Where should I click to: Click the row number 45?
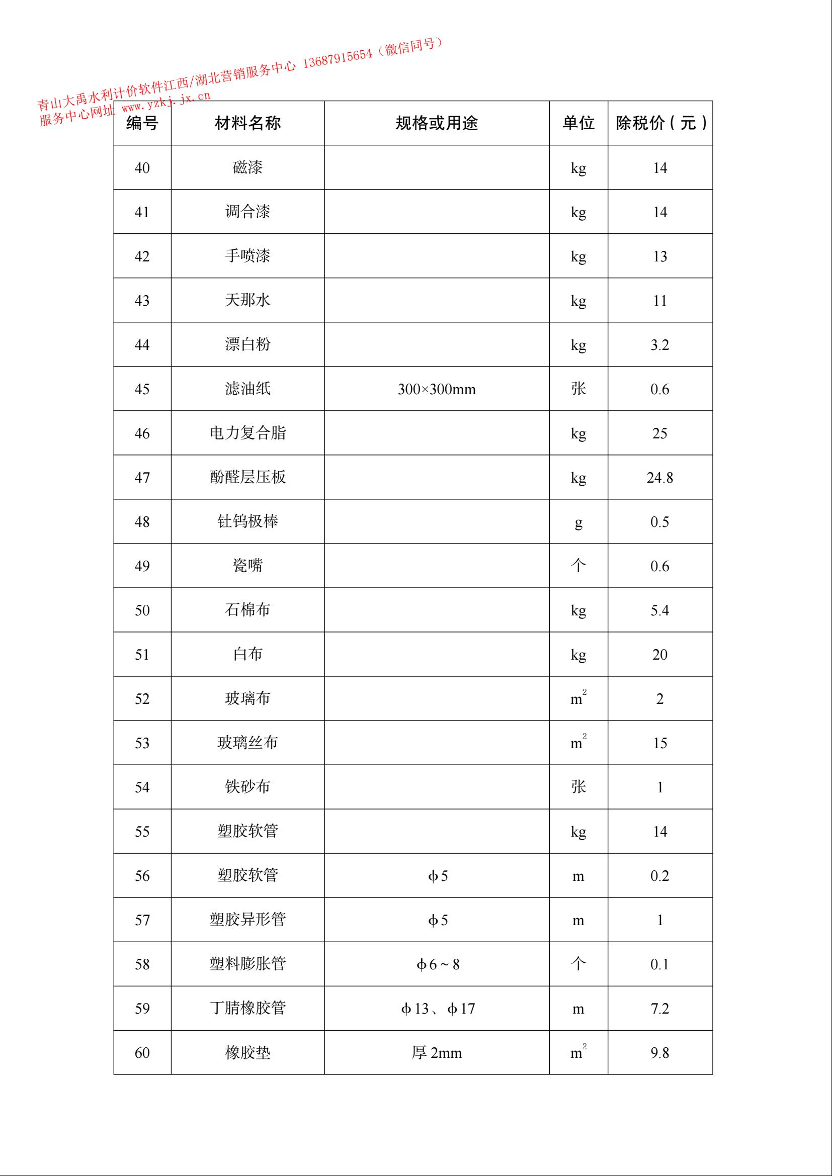coord(142,389)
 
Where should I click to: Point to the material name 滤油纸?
coord(247,389)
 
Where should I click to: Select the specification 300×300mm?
coord(437,389)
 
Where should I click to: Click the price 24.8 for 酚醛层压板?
coord(660,478)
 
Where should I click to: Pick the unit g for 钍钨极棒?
coord(578,522)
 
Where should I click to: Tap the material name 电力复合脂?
coord(247,433)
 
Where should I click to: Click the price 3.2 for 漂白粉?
coord(660,345)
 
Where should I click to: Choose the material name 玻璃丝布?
coord(247,743)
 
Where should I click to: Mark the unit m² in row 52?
coord(578,699)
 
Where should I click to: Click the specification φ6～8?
coord(438,965)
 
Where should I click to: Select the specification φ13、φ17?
coord(438,1009)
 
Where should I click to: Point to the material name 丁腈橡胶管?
coord(247,1009)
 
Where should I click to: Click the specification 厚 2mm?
coord(437,1053)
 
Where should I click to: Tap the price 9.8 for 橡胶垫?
coord(660,1053)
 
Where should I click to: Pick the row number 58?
coord(142,964)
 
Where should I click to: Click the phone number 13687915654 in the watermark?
coord(338,58)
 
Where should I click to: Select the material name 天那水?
coord(247,300)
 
